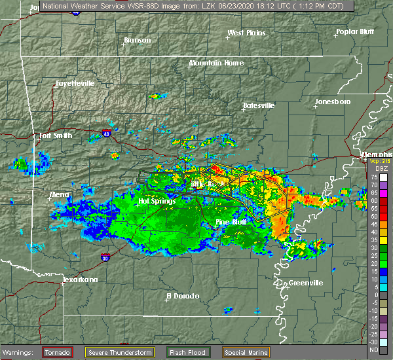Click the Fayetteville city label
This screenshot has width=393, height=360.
[x=75, y=84]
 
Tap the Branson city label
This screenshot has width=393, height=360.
[x=138, y=41]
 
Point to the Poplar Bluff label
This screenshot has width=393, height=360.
[x=354, y=31]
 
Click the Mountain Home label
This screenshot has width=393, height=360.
[x=216, y=63]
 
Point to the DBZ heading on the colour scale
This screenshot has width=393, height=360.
[x=374, y=168]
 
